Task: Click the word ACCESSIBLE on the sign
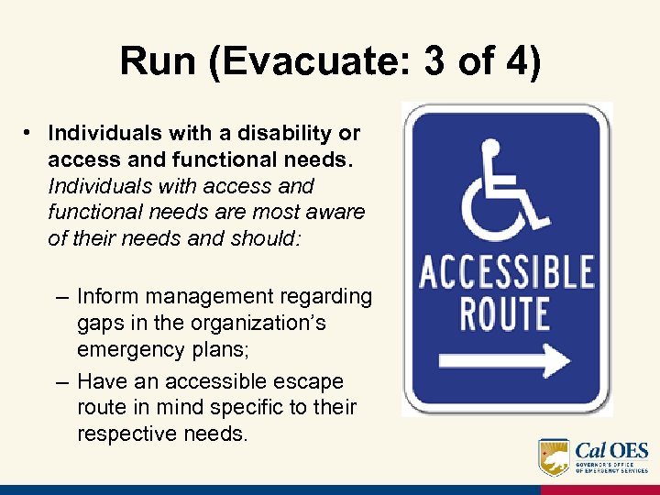tap(506, 274)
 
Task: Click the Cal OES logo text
tap(611, 450)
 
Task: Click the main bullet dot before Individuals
tap(30, 133)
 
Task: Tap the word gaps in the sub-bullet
tap(99, 324)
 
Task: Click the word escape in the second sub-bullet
tap(313, 380)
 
